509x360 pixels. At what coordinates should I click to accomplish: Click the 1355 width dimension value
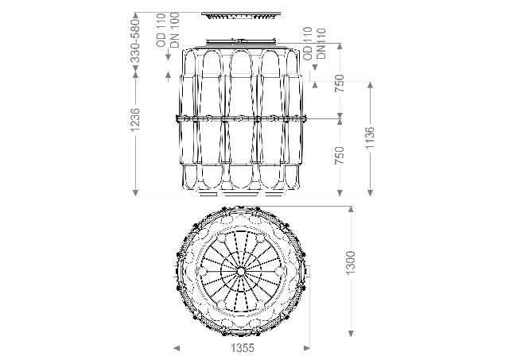coord(243,348)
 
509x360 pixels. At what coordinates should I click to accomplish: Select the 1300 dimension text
coord(351,263)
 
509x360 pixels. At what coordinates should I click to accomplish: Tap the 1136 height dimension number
coord(370,137)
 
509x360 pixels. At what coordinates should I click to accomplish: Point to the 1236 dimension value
coord(135,120)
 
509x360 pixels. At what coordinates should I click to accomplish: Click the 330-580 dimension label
coord(135,41)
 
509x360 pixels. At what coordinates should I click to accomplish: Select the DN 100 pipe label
coord(175,30)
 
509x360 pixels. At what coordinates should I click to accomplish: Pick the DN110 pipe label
coord(321,44)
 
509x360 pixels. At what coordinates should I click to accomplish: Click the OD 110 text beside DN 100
coord(161,30)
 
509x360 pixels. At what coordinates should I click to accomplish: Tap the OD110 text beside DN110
coord(308,44)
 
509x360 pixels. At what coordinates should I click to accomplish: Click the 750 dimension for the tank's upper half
coord(340,83)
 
